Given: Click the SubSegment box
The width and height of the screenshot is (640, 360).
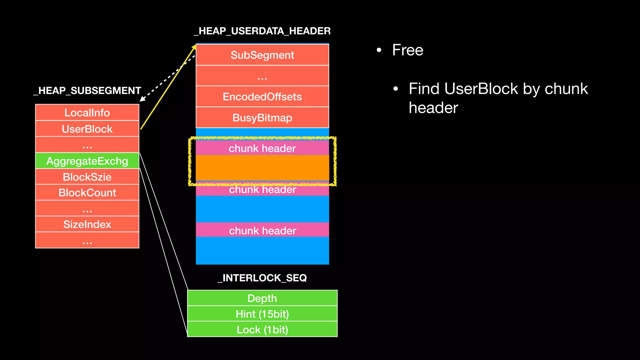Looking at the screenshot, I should click(x=262, y=55).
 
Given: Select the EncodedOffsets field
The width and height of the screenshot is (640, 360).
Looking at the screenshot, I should click(x=262, y=97).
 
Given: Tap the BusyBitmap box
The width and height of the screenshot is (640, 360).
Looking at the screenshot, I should click(x=262, y=117).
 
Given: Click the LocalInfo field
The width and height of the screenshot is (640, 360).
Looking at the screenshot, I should click(x=87, y=112).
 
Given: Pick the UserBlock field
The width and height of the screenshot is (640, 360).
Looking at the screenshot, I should click(x=87, y=129).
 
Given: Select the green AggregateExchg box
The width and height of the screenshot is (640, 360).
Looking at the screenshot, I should click(x=87, y=161).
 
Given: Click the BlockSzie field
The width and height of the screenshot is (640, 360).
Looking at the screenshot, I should click(x=87, y=177).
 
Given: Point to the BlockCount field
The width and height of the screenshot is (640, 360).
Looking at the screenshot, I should click(x=87, y=192).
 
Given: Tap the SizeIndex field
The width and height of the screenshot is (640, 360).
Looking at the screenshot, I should click(x=87, y=224).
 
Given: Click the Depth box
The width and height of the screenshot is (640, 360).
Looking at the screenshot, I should click(x=262, y=298).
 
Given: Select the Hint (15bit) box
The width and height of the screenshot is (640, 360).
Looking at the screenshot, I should click(x=262, y=314).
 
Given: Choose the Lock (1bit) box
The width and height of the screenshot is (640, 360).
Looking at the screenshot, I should click(x=262, y=329).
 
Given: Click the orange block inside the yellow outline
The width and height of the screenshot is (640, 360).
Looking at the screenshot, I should click(x=262, y=168).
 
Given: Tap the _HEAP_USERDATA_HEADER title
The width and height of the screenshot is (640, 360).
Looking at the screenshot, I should click(x=262, y=31).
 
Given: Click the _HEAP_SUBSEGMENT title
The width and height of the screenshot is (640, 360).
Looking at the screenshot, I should click(x=87, y=91).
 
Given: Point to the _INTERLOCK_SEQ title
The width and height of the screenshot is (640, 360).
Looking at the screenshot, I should click(x=262, y=278).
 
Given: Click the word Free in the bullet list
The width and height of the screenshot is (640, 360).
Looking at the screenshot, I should click(x=407, y=50).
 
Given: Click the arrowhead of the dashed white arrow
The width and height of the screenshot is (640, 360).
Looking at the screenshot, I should click(x=142, y=99).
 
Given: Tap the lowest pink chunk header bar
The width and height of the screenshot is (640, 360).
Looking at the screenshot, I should click(x=262, y=230).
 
